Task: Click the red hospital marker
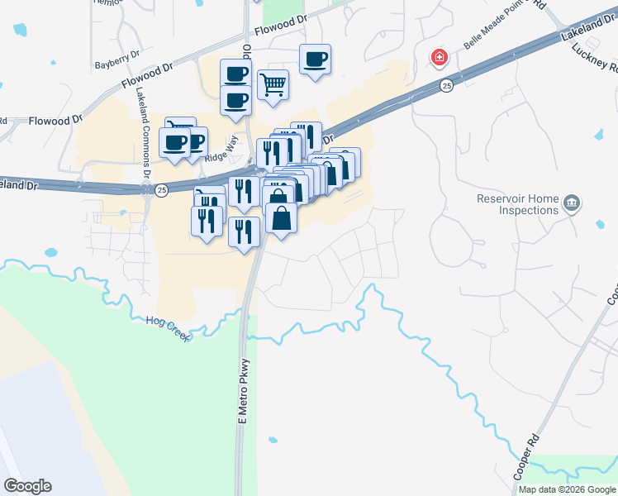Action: click(x=439, y=57)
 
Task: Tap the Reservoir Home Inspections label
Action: click(x=518, y=204)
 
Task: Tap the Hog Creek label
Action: click(x=169, y=329)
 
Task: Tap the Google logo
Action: click(x=27, y=486)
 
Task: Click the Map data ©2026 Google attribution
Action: click(x=567, y=489)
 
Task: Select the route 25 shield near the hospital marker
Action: click(x=446, y=85)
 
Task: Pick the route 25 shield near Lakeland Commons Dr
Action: click(x=161, y=190)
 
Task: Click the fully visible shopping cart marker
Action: click(x=273, y=84)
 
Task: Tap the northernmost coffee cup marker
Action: click(x=315, y=59)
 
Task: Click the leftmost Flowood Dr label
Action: click(x=55, y=120)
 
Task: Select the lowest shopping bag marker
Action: click(x=281, y=219)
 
